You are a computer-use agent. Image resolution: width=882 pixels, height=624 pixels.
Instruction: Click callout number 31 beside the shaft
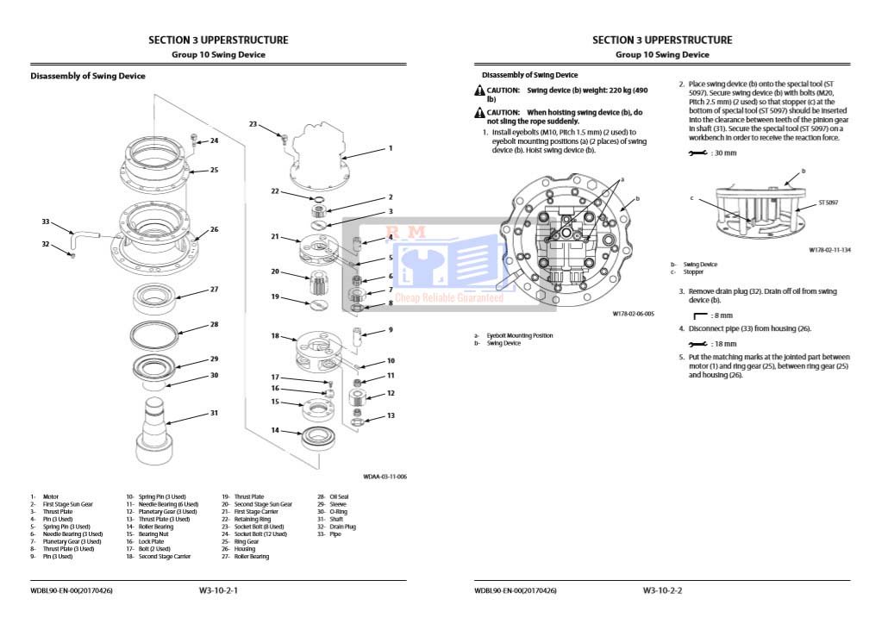[x=214, y=413]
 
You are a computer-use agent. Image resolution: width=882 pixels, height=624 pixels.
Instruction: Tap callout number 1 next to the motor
[x=390, y=148]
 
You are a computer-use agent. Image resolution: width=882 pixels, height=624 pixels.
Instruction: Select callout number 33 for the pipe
[x=46, y=222]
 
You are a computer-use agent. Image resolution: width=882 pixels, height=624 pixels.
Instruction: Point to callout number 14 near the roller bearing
[x=275, y=430]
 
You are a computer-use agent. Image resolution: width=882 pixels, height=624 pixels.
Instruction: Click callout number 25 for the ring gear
[x=214, y=170]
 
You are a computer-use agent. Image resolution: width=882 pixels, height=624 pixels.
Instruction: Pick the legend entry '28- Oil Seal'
[x=333, y=496]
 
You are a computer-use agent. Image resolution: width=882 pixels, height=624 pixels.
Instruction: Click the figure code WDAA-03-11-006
[x=385, y=476]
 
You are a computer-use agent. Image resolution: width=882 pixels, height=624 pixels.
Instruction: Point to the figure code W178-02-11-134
[x=829, y=249]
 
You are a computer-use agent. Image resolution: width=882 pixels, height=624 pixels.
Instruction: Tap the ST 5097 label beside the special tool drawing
[x=828, y=203]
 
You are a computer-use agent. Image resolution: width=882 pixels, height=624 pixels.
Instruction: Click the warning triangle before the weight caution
[x=479, y=90]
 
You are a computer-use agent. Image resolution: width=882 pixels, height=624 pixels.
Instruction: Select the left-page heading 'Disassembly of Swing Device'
[x=88, y=76]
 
